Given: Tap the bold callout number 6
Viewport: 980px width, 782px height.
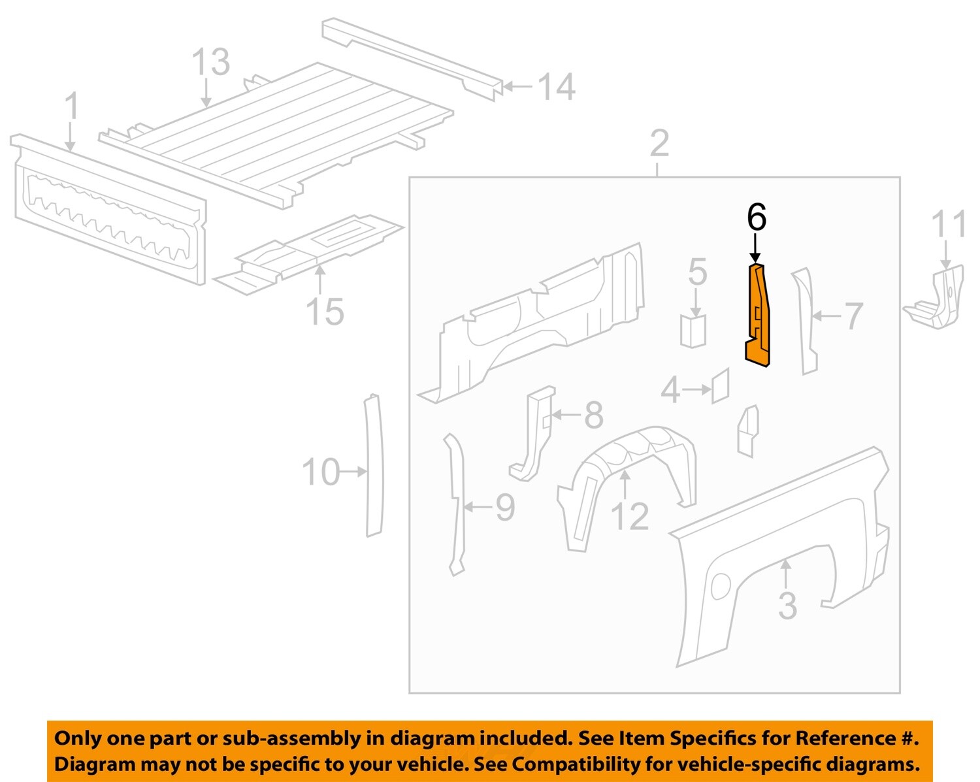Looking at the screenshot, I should tap(756, 218).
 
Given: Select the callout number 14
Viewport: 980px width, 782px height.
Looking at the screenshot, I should tap(556, 88).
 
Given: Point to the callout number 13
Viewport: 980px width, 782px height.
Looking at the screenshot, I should tap(210, 63).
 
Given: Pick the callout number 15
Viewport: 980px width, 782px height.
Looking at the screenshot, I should tap(325, 312).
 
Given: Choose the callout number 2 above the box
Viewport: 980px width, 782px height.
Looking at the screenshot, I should tap(659, 143).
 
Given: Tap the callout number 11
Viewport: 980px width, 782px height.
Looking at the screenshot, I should tap(948, 225).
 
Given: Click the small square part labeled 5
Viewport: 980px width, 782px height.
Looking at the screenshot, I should tap(693, 331).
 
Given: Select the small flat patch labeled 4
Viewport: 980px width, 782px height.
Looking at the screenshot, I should tap(720, 386).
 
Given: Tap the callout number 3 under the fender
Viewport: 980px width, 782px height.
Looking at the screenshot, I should tap(787, 606).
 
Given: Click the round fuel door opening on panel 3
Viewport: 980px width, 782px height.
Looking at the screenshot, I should tap(721, 585).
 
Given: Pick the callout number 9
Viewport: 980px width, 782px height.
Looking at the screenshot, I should tap(505, 508).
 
